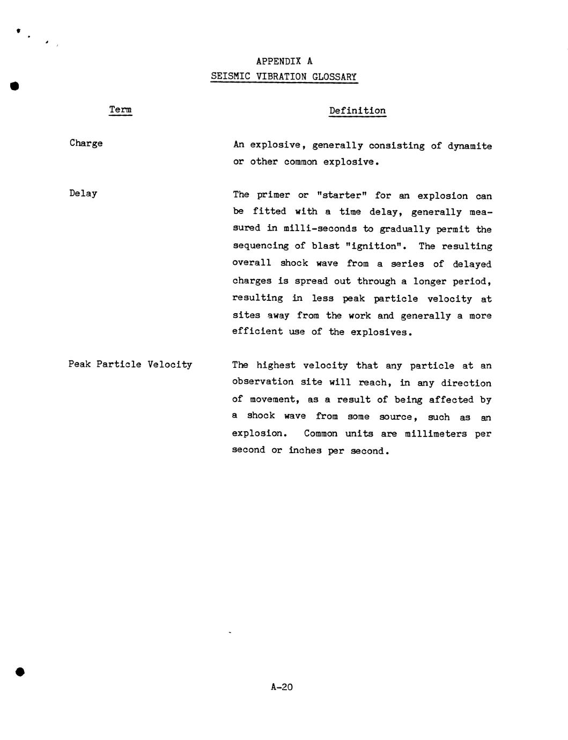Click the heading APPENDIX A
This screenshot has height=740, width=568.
(284, 61)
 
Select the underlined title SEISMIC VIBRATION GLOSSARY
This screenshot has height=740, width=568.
(284, 77)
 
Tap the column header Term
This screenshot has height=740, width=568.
(121, 110)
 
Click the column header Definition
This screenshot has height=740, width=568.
(357, 111)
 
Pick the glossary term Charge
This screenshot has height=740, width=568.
(86, 143)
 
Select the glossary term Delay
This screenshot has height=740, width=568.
(83, 193)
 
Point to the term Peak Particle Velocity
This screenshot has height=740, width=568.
(130, 364)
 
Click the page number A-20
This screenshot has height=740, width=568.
(282, 686)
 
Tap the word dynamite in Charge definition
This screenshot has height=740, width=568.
(469, 146)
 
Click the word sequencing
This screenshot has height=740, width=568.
(260, 246)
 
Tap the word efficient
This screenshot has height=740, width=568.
(257, 331)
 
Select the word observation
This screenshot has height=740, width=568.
(262, 382)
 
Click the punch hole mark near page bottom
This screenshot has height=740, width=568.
(20, 672)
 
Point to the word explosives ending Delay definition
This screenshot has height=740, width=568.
(381, 332)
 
